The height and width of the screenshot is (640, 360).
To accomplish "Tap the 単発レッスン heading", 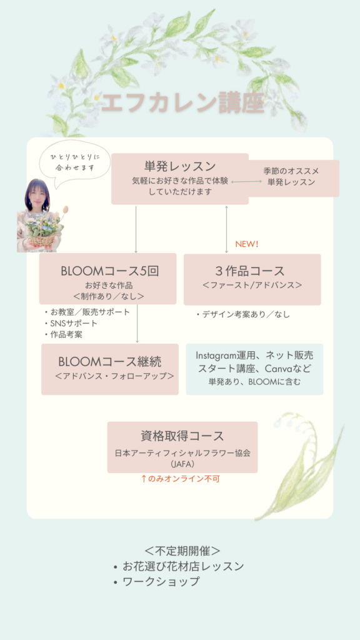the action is click(180, 166).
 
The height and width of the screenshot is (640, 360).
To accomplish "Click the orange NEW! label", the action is click(247, 244).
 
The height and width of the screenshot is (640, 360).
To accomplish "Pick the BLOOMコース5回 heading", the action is click(109, 271).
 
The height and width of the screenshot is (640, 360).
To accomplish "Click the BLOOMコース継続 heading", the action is click(110, 362).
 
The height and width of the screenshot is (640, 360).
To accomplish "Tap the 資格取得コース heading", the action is click(182, 436).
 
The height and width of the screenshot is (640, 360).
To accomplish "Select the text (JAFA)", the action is click(182, 464).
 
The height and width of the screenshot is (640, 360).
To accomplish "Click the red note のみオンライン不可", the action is click(181, 479).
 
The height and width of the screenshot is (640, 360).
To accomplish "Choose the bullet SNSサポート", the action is click(71, 324).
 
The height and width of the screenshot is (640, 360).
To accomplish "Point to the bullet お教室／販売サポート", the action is click(87, 312).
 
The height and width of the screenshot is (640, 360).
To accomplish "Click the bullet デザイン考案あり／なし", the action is click(243, 314).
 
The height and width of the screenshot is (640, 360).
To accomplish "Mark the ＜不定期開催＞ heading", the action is click(182, 551).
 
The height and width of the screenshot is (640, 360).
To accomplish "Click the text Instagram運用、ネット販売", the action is click(254, 355).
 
